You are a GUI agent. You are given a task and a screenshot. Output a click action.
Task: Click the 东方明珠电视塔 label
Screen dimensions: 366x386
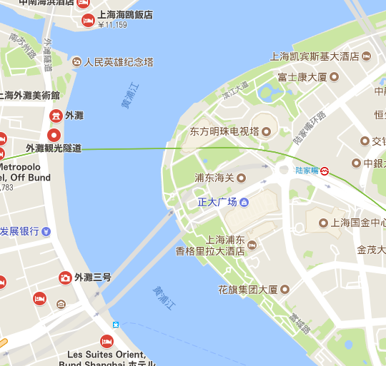(224, 132)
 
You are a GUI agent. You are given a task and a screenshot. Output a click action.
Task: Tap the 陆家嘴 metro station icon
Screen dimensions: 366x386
(325, 171)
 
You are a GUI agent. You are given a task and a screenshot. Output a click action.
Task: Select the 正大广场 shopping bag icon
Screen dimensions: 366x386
(244, 203)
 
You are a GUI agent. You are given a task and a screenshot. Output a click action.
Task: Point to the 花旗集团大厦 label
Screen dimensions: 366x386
(248, 290)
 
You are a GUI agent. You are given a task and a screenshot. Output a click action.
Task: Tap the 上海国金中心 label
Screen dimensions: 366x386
(357, 223)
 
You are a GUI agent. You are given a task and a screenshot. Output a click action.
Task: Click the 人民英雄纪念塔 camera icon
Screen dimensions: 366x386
(76, 62)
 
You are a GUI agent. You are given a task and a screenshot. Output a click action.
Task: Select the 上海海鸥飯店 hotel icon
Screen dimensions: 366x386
(88, 19)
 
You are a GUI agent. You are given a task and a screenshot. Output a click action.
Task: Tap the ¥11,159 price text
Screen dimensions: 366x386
(112, 26)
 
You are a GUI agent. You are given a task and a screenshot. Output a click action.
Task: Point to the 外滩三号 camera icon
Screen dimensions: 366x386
(64, 277)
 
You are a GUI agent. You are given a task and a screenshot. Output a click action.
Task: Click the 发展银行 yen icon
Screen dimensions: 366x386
(46, 231)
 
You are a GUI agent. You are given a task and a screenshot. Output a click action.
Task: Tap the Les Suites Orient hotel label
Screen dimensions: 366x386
(106, 354)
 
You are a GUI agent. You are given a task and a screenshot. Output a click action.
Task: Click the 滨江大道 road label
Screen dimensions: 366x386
(234, 89)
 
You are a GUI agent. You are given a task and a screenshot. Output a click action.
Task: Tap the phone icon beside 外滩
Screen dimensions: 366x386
(55, 116)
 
